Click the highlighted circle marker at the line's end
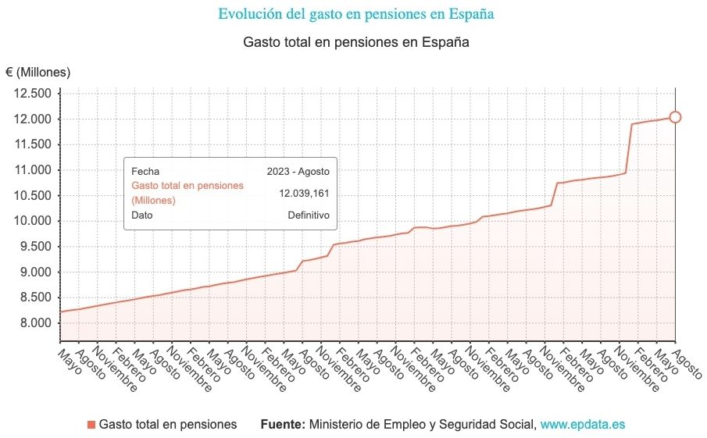[675, 117]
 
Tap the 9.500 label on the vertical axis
[35, 247]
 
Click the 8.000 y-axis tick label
[35, 323]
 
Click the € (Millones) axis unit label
[38, 73]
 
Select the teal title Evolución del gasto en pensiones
[355, 14]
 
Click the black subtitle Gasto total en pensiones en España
[355, 42]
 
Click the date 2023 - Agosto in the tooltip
[298, 171]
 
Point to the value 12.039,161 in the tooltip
[304, 193]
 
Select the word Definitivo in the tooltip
[308, 215]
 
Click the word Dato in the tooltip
[142, 215]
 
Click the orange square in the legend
[91, 425]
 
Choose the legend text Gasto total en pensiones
[167, 425]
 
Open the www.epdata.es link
[583, 425]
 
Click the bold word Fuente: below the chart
[283, 425]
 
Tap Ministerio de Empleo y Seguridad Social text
[423, 425]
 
